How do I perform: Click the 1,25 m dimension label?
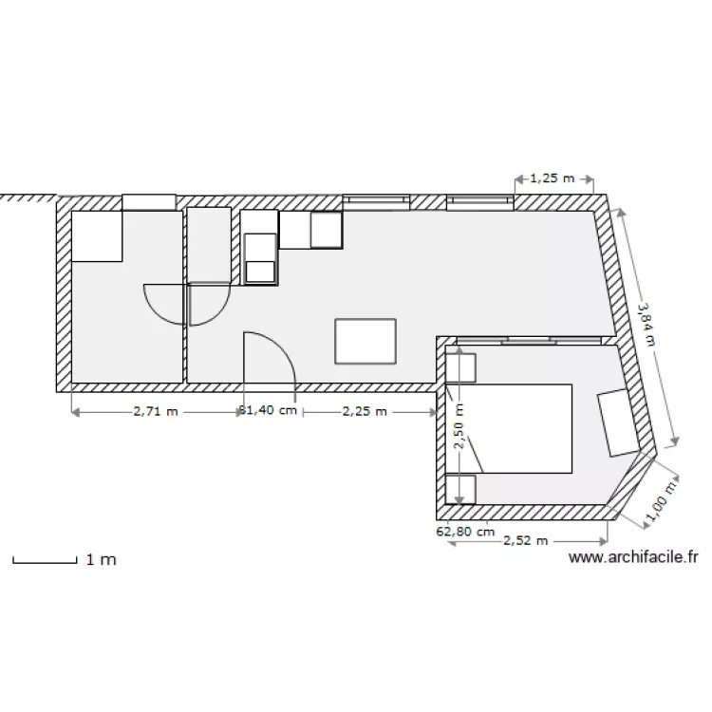(553, 178)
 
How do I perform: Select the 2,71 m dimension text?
(155, 412)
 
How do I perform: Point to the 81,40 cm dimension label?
(269, 412)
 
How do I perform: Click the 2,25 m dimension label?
(365, 412)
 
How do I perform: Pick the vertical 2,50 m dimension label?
(459, 423)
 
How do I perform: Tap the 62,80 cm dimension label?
(465, 532)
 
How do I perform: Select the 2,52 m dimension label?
(526, 541)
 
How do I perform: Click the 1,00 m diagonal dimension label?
(661, 501)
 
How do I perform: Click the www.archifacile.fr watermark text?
(634, 559)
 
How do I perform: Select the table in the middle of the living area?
(365, 341)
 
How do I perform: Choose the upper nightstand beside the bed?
(460, 367)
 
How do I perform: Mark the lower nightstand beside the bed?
(460, 488)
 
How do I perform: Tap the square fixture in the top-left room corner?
(98, 235)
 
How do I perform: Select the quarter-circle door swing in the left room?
(163, 304)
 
